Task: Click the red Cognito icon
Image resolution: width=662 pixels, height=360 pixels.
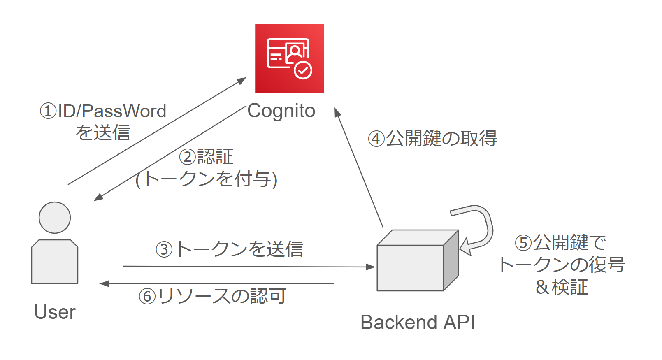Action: point(289,58)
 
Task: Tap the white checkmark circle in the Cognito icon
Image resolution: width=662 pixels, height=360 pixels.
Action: point(303,70)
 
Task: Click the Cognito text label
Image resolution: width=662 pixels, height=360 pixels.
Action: point(281,111)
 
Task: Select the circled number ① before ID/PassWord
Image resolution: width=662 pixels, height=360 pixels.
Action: point(48,111)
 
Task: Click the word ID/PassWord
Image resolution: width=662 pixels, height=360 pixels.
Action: point(112,111)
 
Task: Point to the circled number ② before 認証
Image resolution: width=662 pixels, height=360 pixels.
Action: point(188,157)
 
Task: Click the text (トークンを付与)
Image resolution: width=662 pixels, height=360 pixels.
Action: point(207,179)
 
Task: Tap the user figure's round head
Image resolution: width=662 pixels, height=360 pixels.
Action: point(55,218)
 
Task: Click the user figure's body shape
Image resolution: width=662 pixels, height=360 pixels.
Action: point(55,262)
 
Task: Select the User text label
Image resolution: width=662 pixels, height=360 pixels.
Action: point(55,312)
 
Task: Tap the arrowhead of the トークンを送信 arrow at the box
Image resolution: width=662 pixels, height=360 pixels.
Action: point(371,267)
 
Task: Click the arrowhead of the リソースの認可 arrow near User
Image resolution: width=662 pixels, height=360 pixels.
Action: point(104,283)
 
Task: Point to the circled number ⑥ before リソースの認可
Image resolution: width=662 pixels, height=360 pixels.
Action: point(147,296)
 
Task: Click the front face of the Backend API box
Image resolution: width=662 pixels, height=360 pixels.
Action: point(410,268)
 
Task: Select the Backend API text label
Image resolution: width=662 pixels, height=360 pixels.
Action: point(418,322)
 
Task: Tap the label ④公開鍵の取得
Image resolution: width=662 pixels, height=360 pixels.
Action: point(432,139)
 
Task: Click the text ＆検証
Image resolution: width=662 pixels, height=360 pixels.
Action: point(562,287)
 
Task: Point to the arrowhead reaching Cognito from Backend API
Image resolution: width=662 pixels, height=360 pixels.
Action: point(337,112)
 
